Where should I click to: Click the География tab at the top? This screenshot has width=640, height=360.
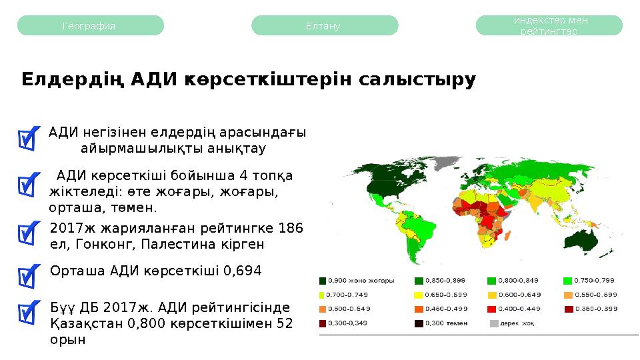coord(89,26)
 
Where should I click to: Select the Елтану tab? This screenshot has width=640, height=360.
coord(324,26)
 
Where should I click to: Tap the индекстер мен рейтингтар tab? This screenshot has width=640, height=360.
coord(549,26)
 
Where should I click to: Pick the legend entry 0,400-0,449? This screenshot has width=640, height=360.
coord(517,309)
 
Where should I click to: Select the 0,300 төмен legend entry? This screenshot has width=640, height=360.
coord(443,323)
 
